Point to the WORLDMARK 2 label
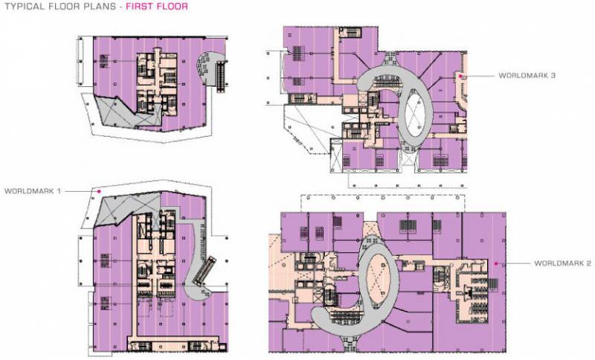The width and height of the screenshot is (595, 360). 562,264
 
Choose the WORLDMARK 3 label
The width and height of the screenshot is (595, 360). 527,76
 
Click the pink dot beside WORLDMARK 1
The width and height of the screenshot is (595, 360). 97,191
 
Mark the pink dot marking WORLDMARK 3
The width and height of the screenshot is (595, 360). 461,76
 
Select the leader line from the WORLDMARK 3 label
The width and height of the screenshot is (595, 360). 479,76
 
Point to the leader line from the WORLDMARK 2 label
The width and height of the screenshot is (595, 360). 513,264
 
